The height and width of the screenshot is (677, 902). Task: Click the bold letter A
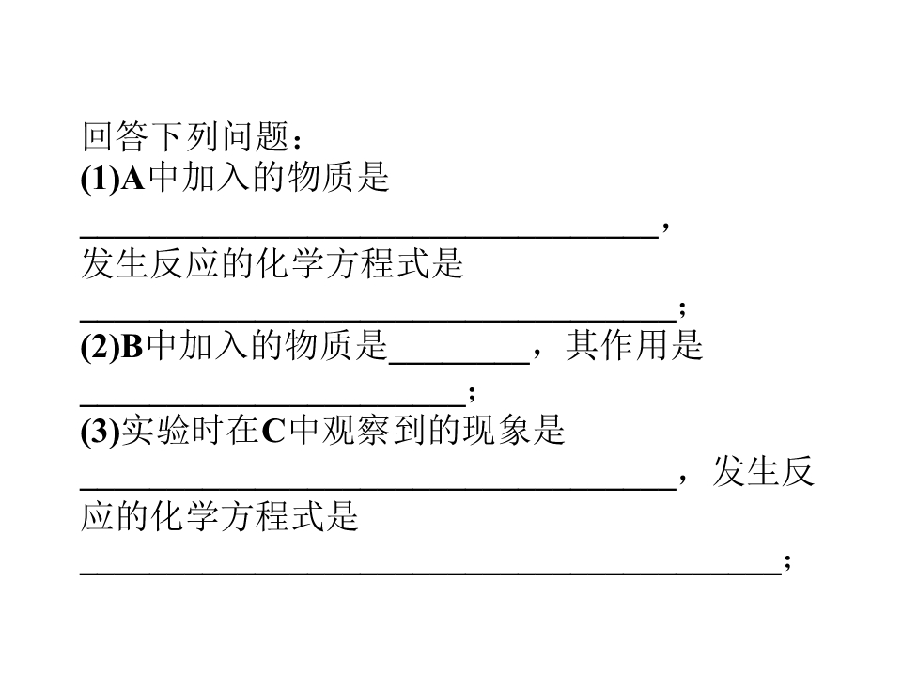[132, 179]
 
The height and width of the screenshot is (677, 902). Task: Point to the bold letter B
[132, 347]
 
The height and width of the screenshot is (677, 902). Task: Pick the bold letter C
[273, 432]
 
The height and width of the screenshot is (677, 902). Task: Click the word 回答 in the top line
[117, 136]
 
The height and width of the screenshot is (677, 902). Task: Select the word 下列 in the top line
[186, 136]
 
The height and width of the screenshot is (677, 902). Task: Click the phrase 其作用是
[634, 346]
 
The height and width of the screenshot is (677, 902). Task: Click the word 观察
[357, 431]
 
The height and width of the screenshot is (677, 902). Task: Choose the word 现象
[497, 431]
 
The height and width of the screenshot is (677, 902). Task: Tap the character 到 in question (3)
[410, 431]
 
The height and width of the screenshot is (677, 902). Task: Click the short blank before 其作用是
[459, 363]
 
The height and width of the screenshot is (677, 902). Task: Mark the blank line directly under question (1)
[369, 237]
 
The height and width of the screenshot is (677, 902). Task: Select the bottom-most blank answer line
[431, 574]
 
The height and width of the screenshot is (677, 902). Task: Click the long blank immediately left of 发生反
[378, 489]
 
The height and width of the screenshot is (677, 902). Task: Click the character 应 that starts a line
[98, 516]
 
